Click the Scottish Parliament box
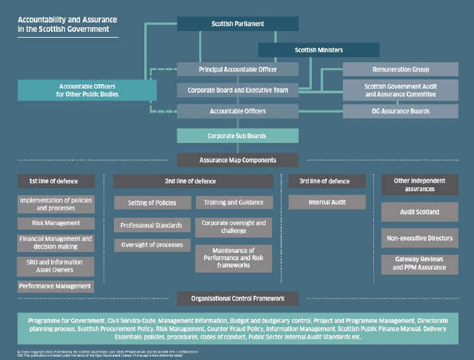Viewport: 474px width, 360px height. pos(238,24)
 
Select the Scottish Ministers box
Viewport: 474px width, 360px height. pos(318,50)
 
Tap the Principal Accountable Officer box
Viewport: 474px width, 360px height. pos(238,69)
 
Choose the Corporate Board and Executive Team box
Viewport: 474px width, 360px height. pos(238,90)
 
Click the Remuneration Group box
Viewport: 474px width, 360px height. pos(400,69)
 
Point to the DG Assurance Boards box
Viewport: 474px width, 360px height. pos(400,111)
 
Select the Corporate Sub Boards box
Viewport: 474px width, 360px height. pos(238,136)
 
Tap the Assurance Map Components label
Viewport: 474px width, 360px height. pos(238,160)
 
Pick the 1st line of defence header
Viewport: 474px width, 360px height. pos(56,181)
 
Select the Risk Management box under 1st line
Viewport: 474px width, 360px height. pos(56,223)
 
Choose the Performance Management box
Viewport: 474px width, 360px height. pos(56,287)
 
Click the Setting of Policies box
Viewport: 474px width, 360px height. pos(152,202)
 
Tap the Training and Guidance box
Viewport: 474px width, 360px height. pos(233,202)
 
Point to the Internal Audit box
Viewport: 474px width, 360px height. pos(327,202)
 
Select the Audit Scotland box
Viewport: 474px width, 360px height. pos(419,212)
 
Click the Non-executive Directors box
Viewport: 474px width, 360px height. pos(419,238)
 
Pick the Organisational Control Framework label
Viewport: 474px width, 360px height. pos(238,298)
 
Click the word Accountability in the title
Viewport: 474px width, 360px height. pos(42,20)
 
